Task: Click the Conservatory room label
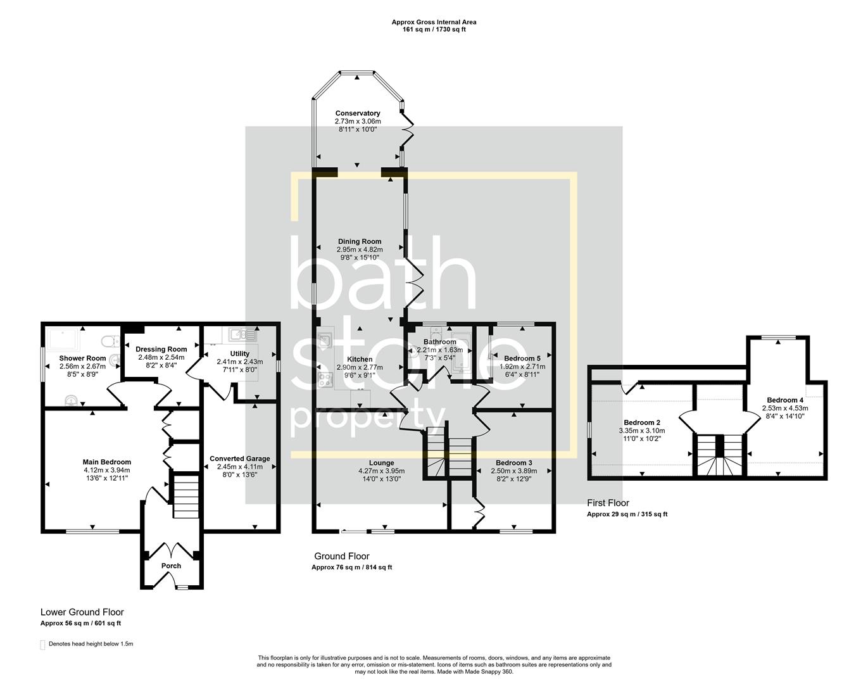[358, 113]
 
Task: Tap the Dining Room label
[359, 241]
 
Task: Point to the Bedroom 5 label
[522, 358]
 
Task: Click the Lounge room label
[381, 463]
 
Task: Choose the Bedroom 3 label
[513, 463]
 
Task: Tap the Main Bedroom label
[106, 462]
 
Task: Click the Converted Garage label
[240, 459]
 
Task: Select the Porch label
[171, 566]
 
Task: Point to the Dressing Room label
[161, 349]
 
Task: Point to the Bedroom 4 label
[784, 400]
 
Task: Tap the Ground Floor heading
[342, 556]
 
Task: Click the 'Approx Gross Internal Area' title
[434, 22]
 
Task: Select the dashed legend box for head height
[43, 645]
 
